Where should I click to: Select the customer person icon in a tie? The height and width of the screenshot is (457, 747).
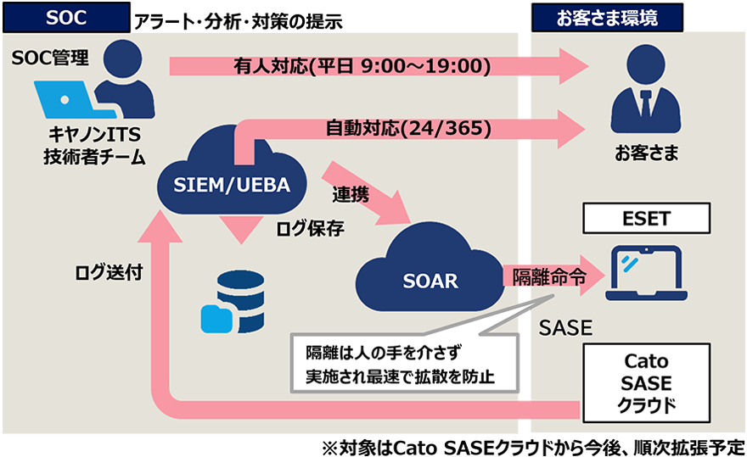point(646,98)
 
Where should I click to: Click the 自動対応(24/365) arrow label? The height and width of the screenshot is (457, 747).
point(409,128)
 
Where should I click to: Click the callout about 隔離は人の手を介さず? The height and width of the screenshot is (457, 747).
point(399,363)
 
